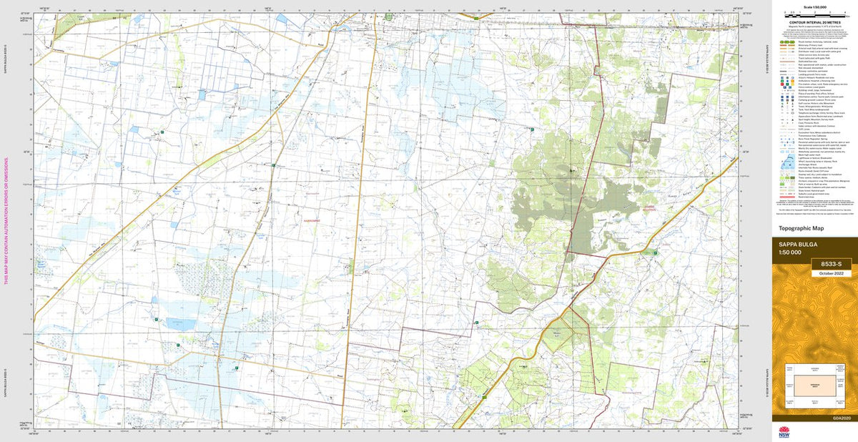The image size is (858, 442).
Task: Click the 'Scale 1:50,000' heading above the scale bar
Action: [814, 7]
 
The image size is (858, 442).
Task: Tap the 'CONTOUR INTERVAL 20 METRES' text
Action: [814, 22]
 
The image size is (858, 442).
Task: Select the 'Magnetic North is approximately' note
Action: [814, 26]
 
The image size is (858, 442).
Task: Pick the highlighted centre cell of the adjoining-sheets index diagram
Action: [814, 387]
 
